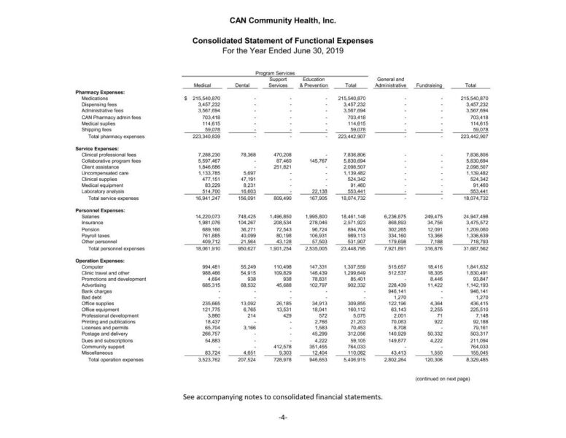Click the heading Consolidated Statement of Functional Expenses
pos(283,42)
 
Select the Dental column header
pos(243,85)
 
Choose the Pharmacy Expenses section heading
pos(100,93)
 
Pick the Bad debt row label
pos(92,298)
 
